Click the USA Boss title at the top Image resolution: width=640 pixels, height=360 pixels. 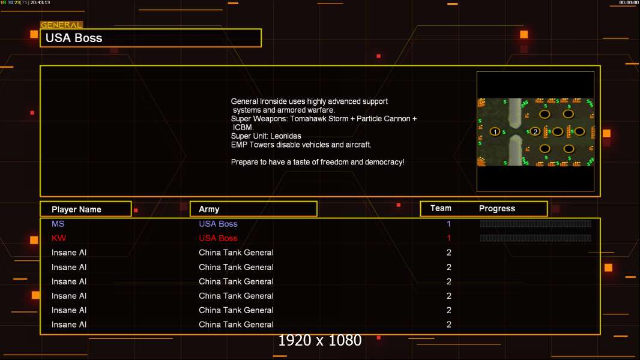(74, 38)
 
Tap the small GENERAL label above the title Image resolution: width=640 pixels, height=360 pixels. (61, 25)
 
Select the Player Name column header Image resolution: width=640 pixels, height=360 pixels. (76, 209)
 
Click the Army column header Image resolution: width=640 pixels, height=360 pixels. (209, 209)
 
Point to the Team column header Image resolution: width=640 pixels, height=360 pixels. (441, 208)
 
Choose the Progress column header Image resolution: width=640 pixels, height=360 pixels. (497, 209)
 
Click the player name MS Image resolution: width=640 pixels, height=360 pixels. (58, 224)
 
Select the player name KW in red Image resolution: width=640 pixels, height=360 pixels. (59, 238)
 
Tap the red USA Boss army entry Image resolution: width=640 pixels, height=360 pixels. (218, 238)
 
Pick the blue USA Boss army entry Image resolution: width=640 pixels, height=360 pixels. (218, 224)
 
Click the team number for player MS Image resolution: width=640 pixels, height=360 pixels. (448, 224)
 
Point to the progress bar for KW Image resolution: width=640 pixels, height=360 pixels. (536, 238)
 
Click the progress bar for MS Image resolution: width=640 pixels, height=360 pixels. (536, 224)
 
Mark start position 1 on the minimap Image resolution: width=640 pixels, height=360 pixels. (495, 131)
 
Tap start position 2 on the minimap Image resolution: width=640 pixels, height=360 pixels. (536, 131)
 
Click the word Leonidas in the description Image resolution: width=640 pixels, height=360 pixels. (285, 136)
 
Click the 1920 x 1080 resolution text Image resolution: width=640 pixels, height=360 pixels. (320, 341)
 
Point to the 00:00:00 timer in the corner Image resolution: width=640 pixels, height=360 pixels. (629, 2)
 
